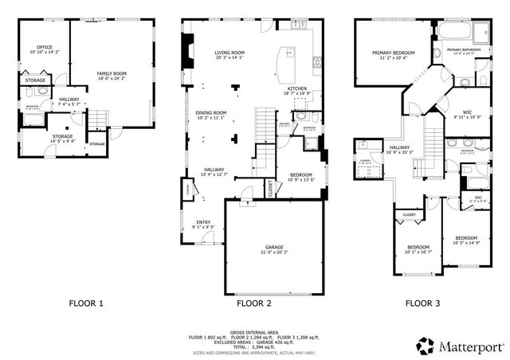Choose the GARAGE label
coord(273,249)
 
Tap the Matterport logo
coord(459,346)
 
